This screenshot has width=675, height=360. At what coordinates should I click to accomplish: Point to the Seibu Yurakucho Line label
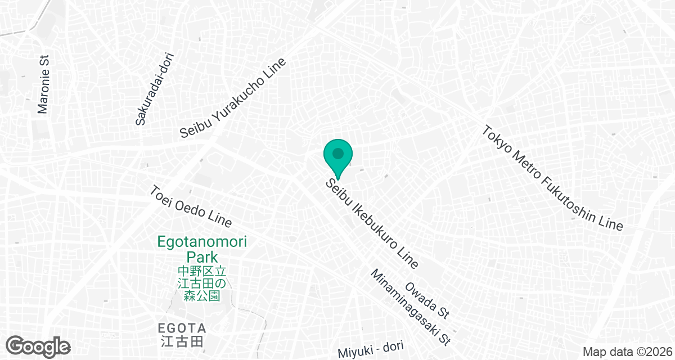pos(233,98)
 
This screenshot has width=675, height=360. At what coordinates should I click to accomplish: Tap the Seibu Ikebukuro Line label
pos(372,223)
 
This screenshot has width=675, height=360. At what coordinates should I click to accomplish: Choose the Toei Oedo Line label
pos(191,206)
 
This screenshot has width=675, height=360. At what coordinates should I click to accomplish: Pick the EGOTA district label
pos(182,328)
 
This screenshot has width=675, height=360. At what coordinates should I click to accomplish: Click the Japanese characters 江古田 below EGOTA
pos(182,340)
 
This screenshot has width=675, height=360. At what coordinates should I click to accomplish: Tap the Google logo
pos(38,345)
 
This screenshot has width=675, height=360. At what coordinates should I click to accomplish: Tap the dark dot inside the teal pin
pos(338,153)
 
